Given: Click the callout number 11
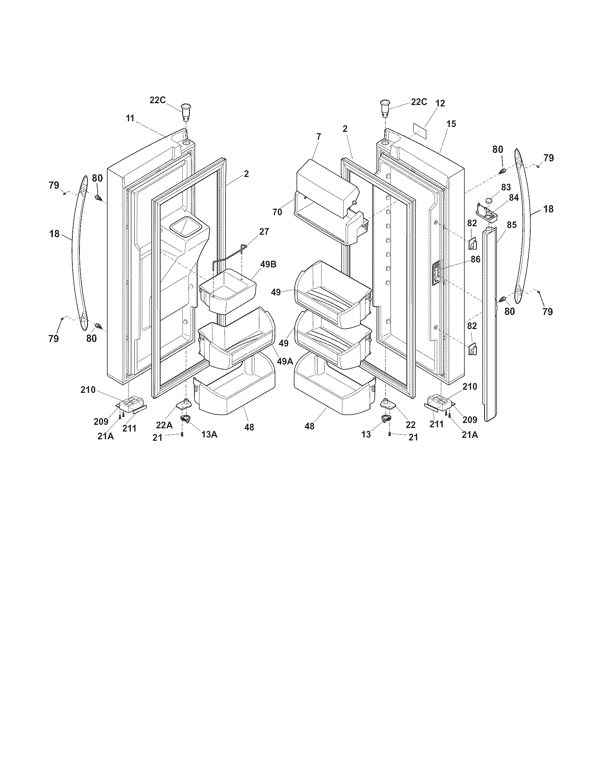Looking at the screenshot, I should pyautogui.click(x=130, y=118).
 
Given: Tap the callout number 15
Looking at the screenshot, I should pyautogui.click(x=451, y=124).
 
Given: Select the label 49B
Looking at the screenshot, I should pyautogui.click(x=268, y=264).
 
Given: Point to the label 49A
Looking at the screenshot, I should pyautogui.click(x=285, y=361).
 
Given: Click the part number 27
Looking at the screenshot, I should pyautogui.click(x=264, y=232).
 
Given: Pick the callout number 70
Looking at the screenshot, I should pyautogui.click(x=277, y=212).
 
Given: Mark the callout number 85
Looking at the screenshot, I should pyautogui.click(x=511, y=225).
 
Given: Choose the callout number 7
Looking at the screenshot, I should pyautogui.click(x=319, y=136).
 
